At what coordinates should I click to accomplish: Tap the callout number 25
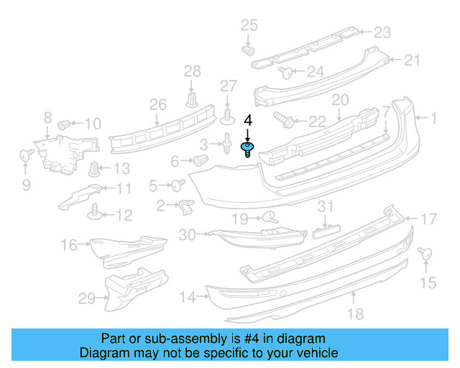248,27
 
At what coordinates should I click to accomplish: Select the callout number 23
382,32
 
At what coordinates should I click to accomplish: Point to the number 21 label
411,60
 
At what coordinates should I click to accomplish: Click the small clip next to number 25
249,51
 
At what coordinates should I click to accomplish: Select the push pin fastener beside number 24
285,71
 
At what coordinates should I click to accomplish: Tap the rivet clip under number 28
192,97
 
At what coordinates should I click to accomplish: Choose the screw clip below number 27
228,114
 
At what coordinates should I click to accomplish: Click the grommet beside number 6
201,159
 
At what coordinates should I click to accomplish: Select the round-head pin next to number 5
175,185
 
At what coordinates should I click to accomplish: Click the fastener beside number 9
27,155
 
